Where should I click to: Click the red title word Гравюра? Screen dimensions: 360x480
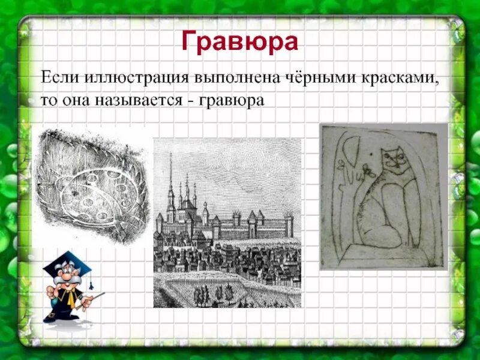(x=239, y=43)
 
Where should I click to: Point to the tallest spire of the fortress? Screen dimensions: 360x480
(x=171, y=174)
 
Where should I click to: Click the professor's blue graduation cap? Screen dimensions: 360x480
(x=67, y=264)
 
